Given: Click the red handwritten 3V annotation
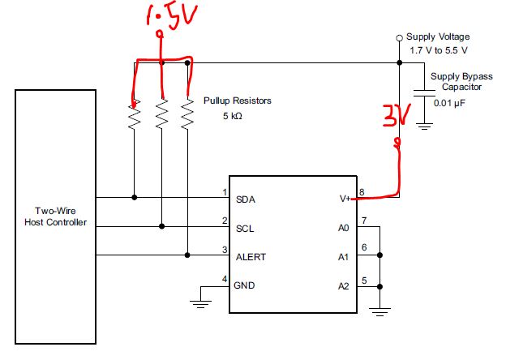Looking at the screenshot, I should pyautogui.click(x=397, y=118).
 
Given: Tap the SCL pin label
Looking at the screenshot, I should pyautogui.click(x=244, y=228).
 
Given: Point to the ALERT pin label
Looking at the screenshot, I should pyautogui.click(x=250, y=257).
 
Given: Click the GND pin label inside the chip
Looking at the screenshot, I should pyautogui.click(x=244, y=285).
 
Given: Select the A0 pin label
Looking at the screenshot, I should pyautogui.click(x=342, y=228).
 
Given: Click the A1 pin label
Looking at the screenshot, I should pyautogui.click(x=342, y=257).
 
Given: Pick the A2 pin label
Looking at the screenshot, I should pyautogui.click(x=342, y=285).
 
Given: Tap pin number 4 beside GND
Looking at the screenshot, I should pyautogui.click(x=224, y=279).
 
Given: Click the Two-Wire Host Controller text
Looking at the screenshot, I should pyautogui.click(x=55, y=216).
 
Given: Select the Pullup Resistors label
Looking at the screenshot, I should pyautogui.click(x=236, y=101).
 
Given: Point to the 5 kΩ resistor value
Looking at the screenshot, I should pyautogui.click(x=232, y=117).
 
